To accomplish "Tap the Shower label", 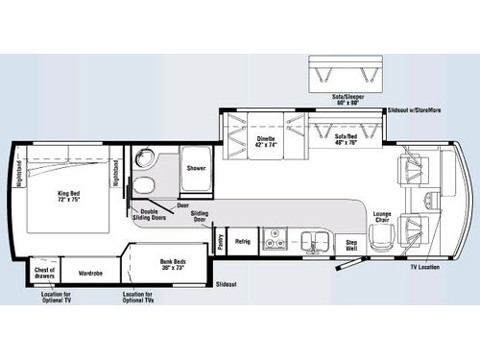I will pyautogui.click(x=197, y=167).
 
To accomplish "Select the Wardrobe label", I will pyautogui.click(x=91, y=272).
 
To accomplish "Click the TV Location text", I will pyautogui.click(x=422, y=266).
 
